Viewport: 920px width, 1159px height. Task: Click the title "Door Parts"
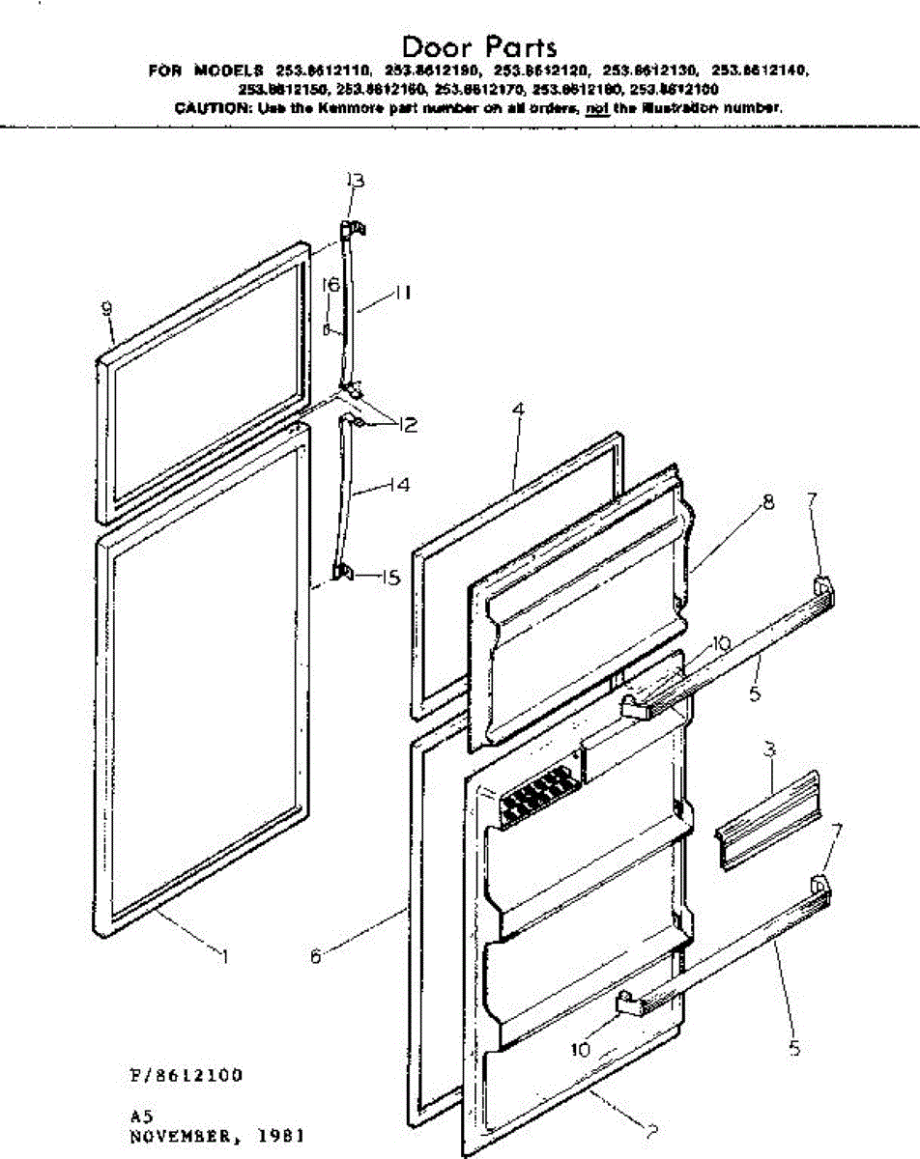[479, 45]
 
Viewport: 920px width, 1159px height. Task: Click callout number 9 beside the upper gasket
[108, 308]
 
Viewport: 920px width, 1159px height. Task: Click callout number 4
[518, 410]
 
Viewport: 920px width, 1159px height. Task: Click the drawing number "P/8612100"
[186, 1075]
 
